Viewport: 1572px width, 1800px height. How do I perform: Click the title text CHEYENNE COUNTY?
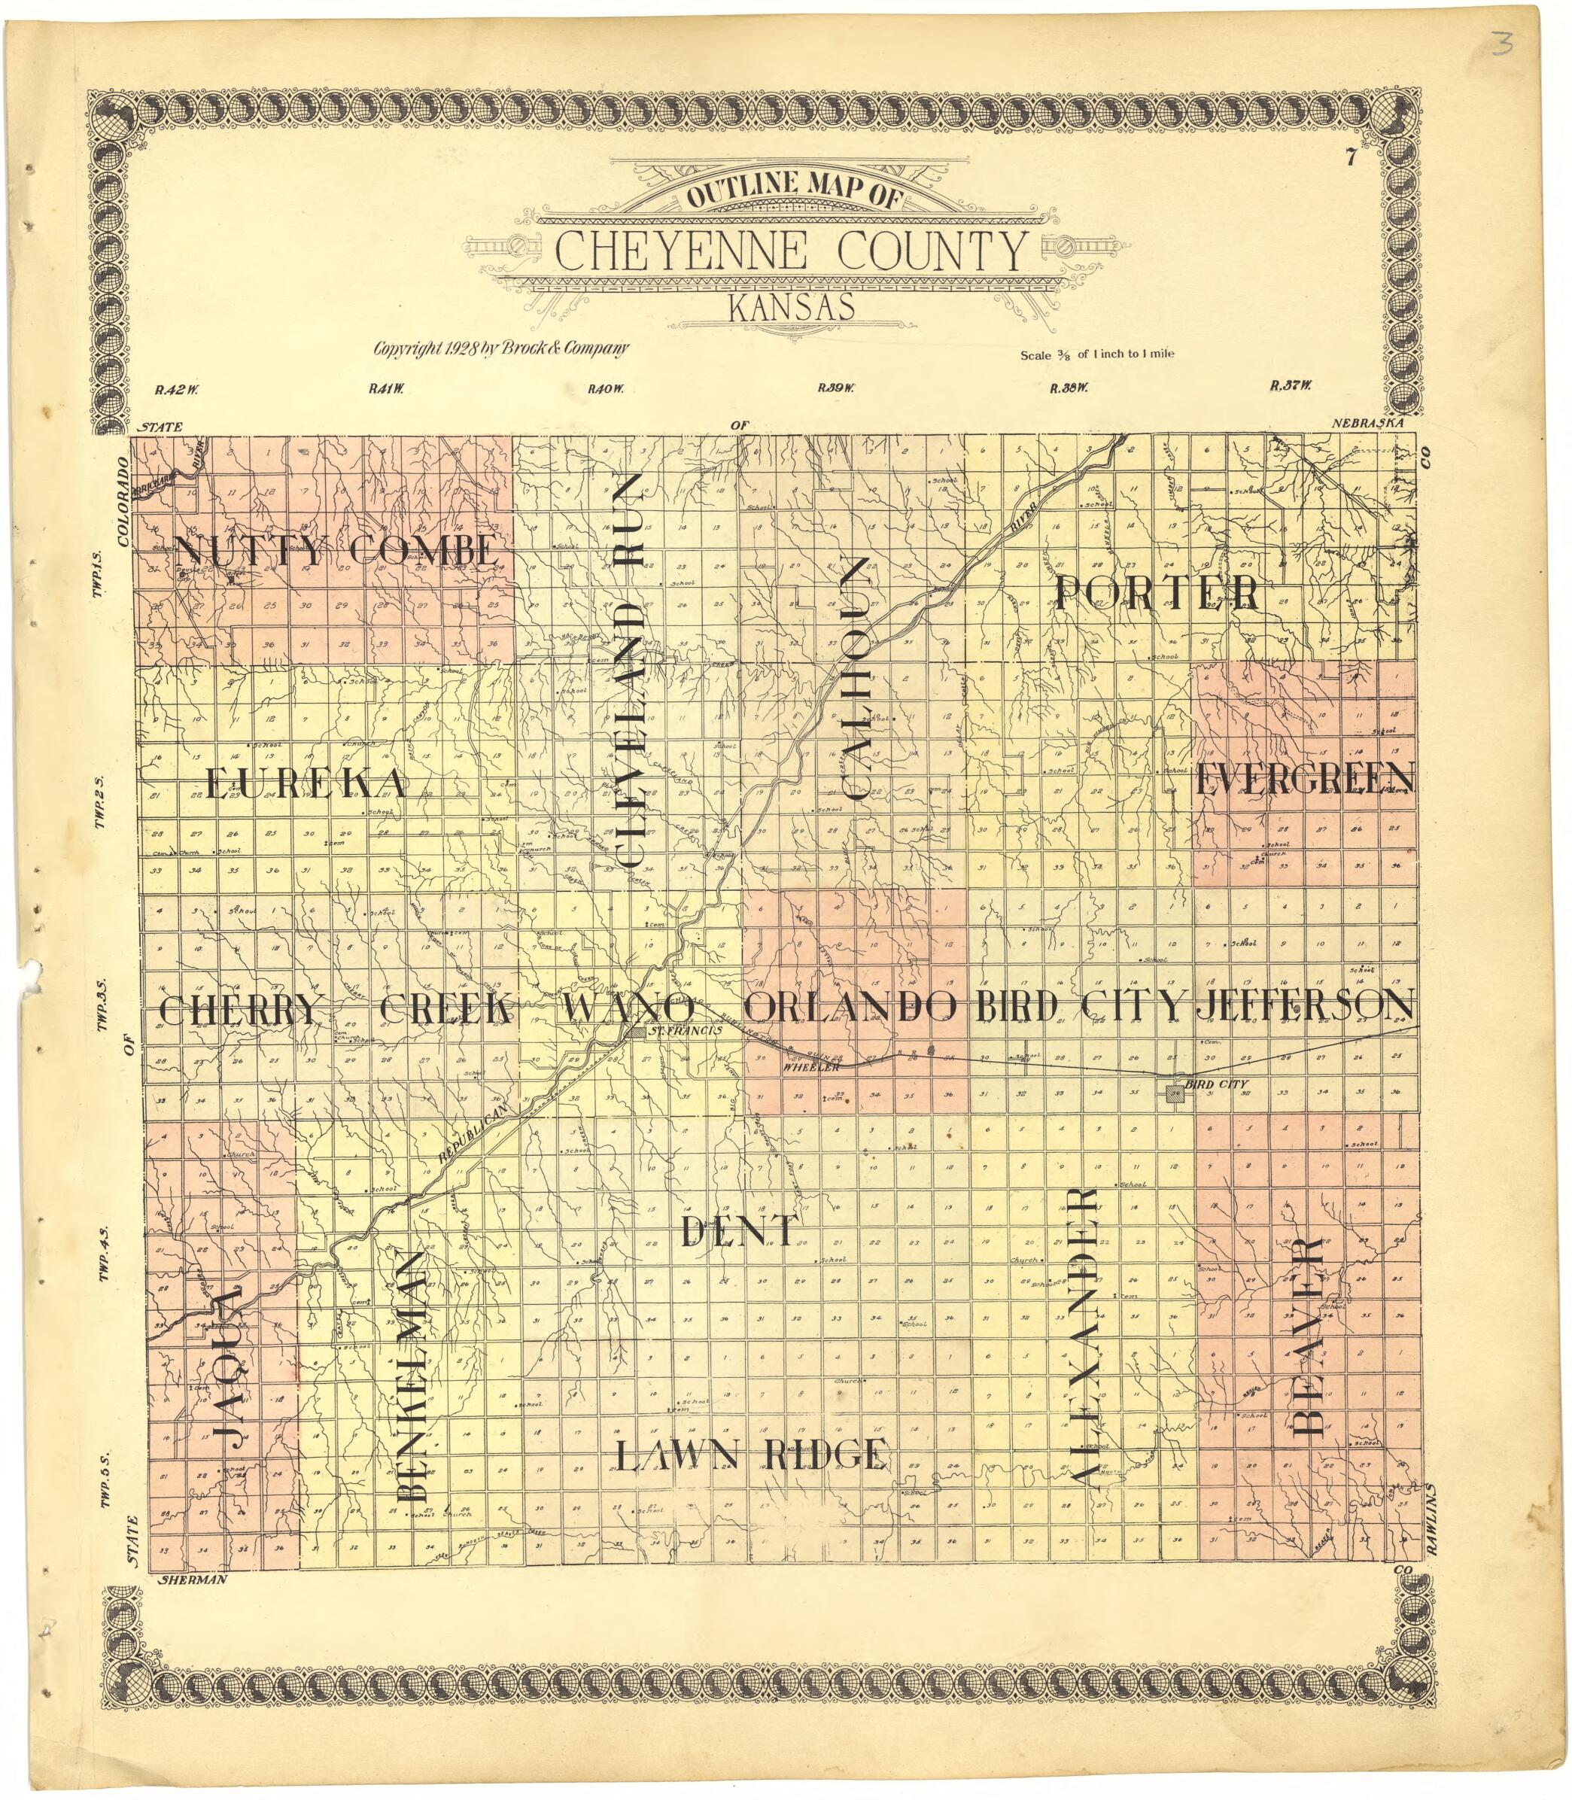click(x=789, y=252)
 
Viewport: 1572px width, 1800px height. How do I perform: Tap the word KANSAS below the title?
click(x=790, y=309)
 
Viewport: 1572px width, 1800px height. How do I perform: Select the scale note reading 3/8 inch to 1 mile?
click(x=1096, y=355)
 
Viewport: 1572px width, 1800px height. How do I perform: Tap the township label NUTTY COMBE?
click(x=338, y=552)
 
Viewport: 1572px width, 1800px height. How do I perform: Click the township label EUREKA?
click(x=306, y=783)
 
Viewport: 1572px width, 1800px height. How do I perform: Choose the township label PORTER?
click(x=1157, y=594)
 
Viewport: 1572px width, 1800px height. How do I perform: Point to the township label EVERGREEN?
click(x=1303, y=779)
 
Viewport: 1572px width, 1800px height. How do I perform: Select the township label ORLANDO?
click(x=849, y=1008)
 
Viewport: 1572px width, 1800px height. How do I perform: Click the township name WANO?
click(x=629, y=1008)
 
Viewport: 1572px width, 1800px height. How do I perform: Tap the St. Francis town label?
click(x=684, y=1030)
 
